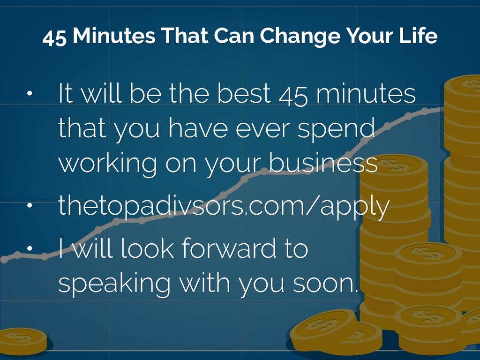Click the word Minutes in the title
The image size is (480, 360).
[114, 36]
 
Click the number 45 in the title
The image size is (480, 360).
[54, 37]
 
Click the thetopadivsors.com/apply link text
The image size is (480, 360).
[224, 206]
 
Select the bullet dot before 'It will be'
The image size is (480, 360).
[30, 93]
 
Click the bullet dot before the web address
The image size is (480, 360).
[30, 205]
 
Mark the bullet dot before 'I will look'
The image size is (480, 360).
[30, 248]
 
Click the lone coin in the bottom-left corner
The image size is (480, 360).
[23, 341]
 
